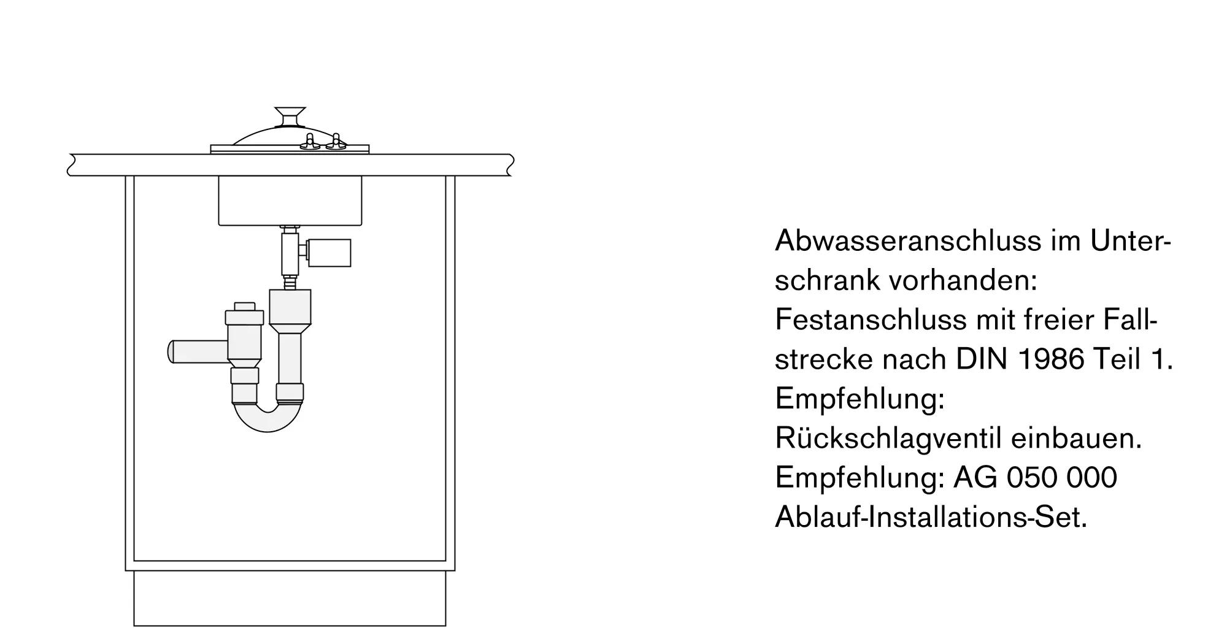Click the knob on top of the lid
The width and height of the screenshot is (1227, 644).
pyautogui.click(x=290, y=114)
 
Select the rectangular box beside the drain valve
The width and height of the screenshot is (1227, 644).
pyautogui.click(x=329, y=253)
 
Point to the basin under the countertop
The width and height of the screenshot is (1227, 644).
pyautogui.click(x=290, y=201)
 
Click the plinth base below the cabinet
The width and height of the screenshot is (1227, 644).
pyautogui.click(x=290, y=598)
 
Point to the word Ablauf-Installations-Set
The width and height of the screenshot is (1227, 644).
pyautogui.click(x=930, y=517)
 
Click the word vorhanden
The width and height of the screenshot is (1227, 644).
pyautogui.click(x=961, y=281)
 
